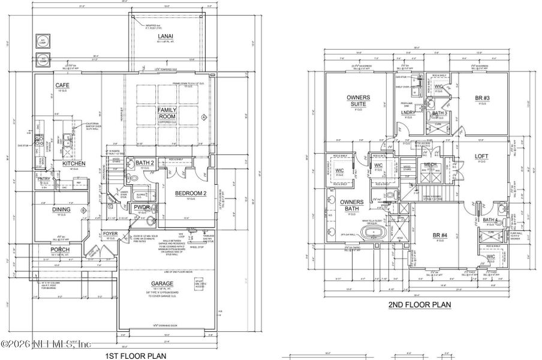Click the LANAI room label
(x=162, y=36)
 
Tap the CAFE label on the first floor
(x=62, y=86)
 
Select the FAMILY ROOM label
(x=166, y=113)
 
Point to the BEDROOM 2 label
(x=190, y=193)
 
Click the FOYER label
(x=110, y=234)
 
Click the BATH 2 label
(x=144, y=163)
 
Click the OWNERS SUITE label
(x=358, y=100)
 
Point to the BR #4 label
(x=441, y=235)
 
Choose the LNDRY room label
(x=408, y=112)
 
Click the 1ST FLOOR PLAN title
(x=136, y=355)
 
